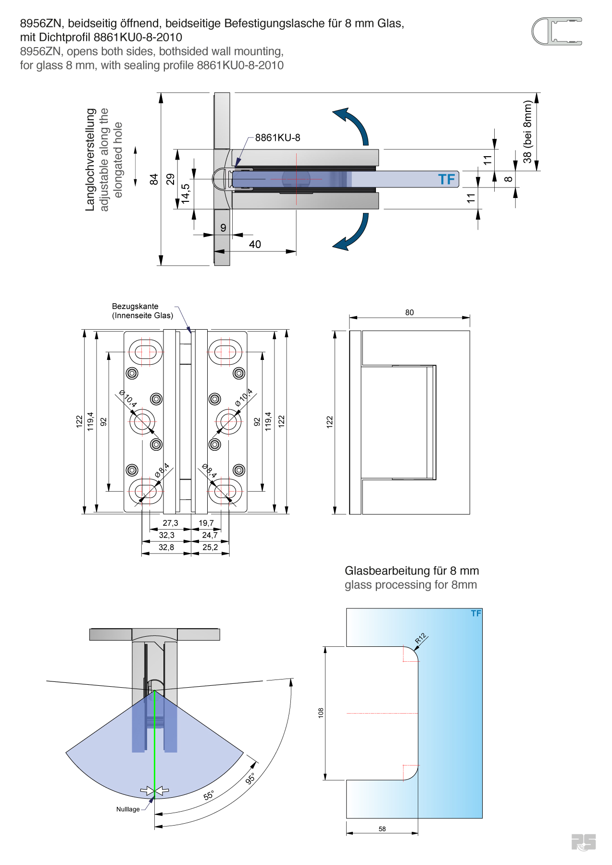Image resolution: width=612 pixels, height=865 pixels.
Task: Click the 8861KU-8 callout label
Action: coord(277,138)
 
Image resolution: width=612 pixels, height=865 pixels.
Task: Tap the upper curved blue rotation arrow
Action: coord(353,124)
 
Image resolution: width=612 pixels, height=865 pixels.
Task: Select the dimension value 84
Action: coord(154,179)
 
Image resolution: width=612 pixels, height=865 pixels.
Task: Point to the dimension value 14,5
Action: coord(186,194)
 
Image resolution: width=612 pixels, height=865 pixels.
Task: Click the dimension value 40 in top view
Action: coord(255,245)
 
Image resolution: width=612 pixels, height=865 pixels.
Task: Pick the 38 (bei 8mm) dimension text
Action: coord(527,132)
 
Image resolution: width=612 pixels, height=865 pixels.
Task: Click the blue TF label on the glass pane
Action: coord(446,180)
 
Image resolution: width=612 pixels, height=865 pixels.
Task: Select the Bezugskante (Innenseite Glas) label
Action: coord(142,311)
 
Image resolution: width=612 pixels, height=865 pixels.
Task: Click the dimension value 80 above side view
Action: coord(409,312)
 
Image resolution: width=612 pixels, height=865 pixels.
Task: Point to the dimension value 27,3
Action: coord(170,523)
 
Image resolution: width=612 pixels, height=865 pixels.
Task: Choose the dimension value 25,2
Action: coord(210,547)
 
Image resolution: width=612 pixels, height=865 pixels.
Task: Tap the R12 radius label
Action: coord(421,638)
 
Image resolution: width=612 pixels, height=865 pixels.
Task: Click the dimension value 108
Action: coord(321,713)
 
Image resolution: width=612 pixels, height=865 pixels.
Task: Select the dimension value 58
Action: coord(382,829)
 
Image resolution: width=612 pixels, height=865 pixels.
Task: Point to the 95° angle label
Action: coord(250,779)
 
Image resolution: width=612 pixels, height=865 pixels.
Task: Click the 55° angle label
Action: coord(209,796)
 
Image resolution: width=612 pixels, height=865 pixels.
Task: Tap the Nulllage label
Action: coord(128,809)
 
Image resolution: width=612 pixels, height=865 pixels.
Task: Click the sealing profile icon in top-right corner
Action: coord(557,32)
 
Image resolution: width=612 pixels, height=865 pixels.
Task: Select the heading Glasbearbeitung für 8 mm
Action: coord(412,571)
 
